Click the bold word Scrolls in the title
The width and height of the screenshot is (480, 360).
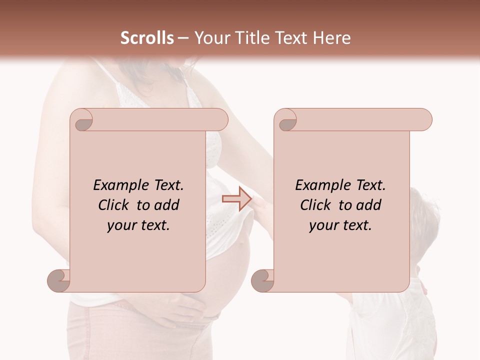147,37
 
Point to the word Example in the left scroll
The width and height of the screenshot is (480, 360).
117,185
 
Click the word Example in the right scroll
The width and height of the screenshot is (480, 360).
319,185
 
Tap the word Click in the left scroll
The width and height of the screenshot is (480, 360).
115,205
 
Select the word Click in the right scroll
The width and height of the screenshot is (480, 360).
317,205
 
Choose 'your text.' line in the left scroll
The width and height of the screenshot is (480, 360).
138,225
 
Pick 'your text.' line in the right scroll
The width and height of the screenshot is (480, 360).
340,225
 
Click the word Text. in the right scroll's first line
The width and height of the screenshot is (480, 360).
370,185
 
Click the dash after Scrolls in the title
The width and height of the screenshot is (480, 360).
183,37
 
